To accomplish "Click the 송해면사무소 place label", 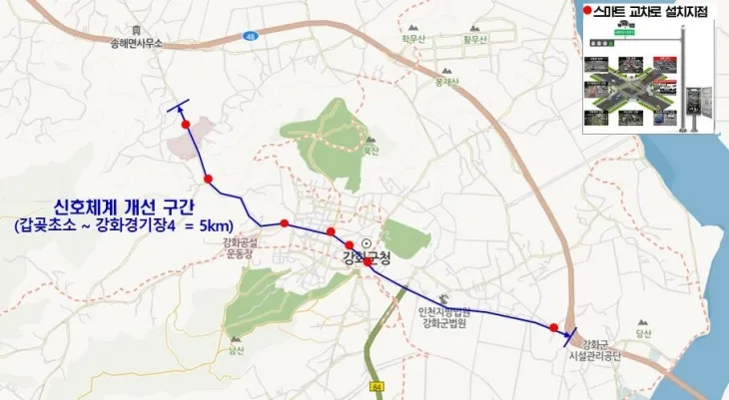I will [x=138, y=43].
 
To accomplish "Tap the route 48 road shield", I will [x=249, y=36].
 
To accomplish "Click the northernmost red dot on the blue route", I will [x=186, y=123].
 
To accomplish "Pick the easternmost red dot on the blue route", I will [x=554, y=326].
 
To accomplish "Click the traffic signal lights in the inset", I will [x=600, y=44].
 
